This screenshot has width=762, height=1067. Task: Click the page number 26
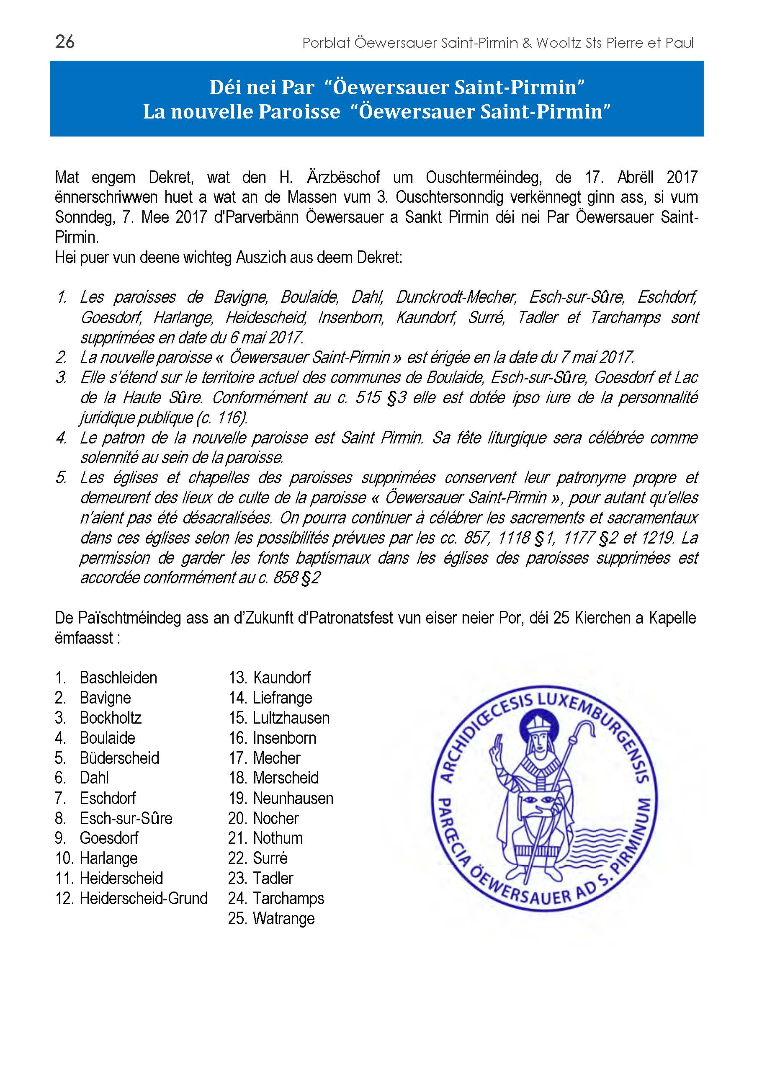click(65, 42)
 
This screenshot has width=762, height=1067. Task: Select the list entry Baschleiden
click(118, 678)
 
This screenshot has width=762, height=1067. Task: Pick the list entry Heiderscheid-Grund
click(144, 898)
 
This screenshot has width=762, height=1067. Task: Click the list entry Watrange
click(283, 918)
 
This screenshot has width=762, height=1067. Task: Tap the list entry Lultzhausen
click(291, 718)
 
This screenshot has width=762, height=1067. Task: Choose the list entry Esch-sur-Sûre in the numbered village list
click(126, 818)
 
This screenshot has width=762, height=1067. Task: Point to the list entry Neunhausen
click(293, 798)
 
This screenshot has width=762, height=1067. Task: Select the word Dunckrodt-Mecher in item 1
click(456, 297)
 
